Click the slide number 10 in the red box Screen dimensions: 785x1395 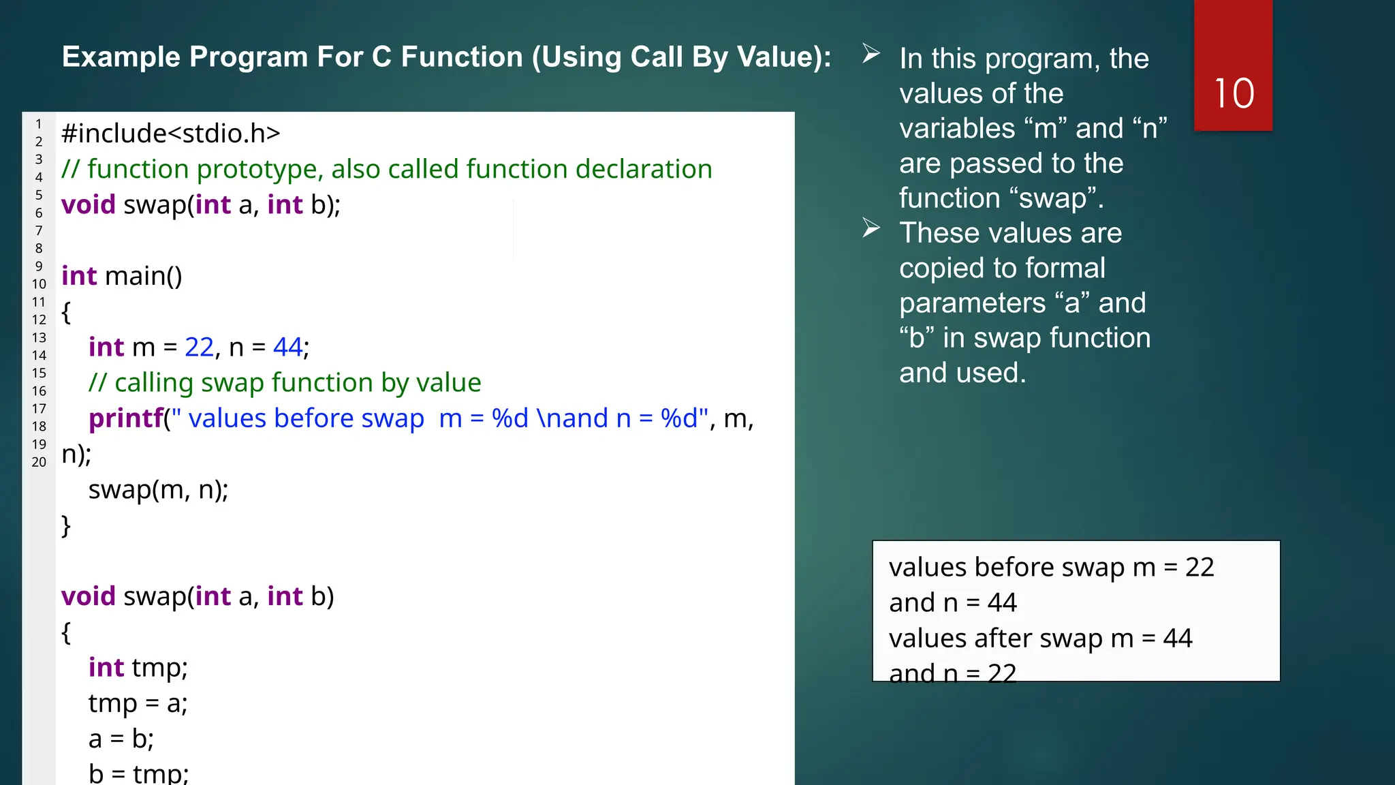pos(1234,93)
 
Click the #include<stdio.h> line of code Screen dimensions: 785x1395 pos(170,134)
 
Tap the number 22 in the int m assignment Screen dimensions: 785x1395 pos(199,348)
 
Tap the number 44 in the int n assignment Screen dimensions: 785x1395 pos(287,348)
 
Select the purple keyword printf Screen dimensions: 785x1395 pos(126,418)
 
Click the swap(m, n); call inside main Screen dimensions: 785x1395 pos(158,490)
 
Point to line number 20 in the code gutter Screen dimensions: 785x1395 pos(39,462)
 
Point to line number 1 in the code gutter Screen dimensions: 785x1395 pos(39,124)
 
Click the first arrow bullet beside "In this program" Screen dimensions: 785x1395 pos(871,54)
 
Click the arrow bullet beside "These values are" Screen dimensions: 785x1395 pos(871,228)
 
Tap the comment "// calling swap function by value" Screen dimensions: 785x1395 pos(285,383)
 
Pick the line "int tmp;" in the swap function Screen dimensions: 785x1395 pos(138,668)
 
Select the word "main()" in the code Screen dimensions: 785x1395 pos(143,277)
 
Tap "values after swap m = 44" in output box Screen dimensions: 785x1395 pos(1039,638)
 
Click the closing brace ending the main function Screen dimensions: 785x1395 pos(66,526)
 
